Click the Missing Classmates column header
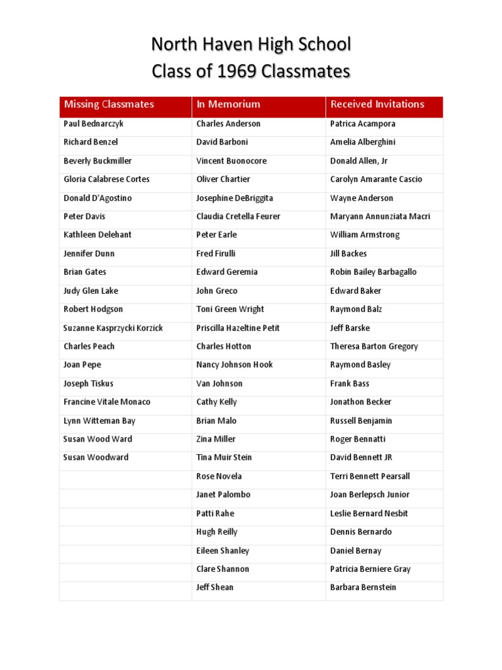(109, 104)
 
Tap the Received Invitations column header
(377, 104)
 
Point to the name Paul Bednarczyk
(93, 124)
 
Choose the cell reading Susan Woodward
(96, 457)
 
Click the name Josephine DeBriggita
(235, 198)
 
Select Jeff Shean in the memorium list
(215, 588)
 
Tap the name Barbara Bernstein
(363, 588)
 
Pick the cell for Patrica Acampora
(363, 124)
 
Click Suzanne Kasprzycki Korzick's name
(113, 328)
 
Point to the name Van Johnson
(220, 383)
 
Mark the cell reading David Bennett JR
(361, 457)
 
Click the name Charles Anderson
(229, 124)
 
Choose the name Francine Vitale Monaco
(107, 402)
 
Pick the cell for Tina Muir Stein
(224, 457)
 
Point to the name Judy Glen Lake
(91, 291)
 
